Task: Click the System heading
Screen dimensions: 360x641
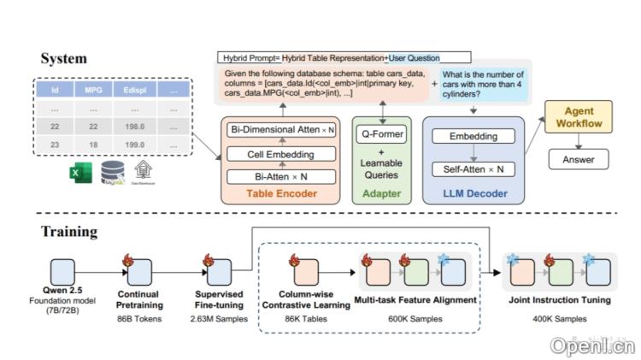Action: point(63,58)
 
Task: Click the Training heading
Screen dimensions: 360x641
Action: point(68,232)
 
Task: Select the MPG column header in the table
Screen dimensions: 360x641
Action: point(92,89)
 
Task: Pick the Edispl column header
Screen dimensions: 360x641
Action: point(134,89)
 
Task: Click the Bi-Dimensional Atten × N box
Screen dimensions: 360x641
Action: point(280,130)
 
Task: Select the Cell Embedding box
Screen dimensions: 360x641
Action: point(280,154)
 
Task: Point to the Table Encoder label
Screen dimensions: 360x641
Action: point(280,194)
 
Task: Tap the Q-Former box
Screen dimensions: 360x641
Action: point(382,133)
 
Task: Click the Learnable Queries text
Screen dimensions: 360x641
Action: point(382,170)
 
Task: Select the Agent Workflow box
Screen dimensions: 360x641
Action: point(580,119)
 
